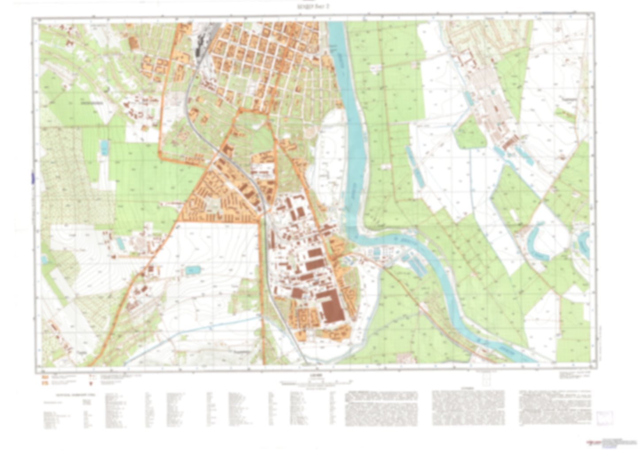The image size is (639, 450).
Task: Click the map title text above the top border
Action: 319,6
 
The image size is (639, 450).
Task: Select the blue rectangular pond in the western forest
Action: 104,147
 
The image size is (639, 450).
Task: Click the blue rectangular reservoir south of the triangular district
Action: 192,270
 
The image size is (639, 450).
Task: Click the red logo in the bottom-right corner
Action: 593,442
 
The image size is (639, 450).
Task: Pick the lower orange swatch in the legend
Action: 45,383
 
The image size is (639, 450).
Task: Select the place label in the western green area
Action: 91,104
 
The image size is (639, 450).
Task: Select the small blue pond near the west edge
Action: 44,259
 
